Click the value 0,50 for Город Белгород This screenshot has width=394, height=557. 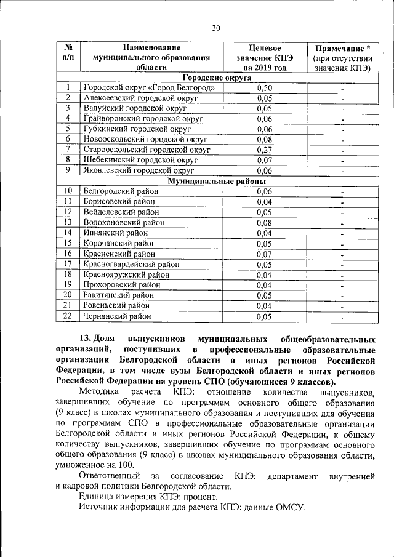pyautogui.click(x=264, y=88)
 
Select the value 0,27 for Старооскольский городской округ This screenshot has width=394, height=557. pyautogui.click(x=264, y=150)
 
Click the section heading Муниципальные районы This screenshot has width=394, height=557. pyautogui.click(x=217, y=182)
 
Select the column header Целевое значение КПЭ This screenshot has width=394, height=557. pyautogui.click(x=264, y=57)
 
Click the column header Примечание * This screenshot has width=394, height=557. pyautogui.click(x=342, y=47)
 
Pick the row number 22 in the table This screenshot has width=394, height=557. pyautogui.click(x=68, y=316)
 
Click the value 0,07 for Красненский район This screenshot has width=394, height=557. pyautogui.click(x=264, y=254)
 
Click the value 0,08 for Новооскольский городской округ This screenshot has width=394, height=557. pyautogui.click(x=264, y=140)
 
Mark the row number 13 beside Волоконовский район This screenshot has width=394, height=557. pyautogui.click(x=68, y=222)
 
